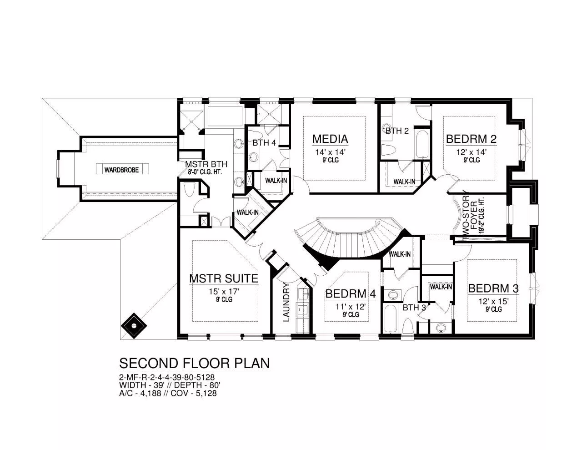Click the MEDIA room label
[x=330, y=139]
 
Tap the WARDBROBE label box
[x=122, y=169]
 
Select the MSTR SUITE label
[x=224, y=278]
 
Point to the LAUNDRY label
[x=286, y=303]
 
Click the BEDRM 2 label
[x=472, y=139]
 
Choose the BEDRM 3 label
[x=493, y=288]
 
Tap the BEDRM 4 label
[x=351, y=294]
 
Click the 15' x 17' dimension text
[x=224, y=291]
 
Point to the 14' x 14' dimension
[x=331, y=152]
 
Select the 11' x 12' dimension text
[x=351, y=306]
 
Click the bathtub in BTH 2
[x=422, y=144]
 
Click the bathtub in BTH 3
[x=389, y=319]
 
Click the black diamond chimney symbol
[x=134, y=326]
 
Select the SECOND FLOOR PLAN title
[x=195, y=364]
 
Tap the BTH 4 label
[x=264, y=142]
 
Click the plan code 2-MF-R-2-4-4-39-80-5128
[x=167, y=377]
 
